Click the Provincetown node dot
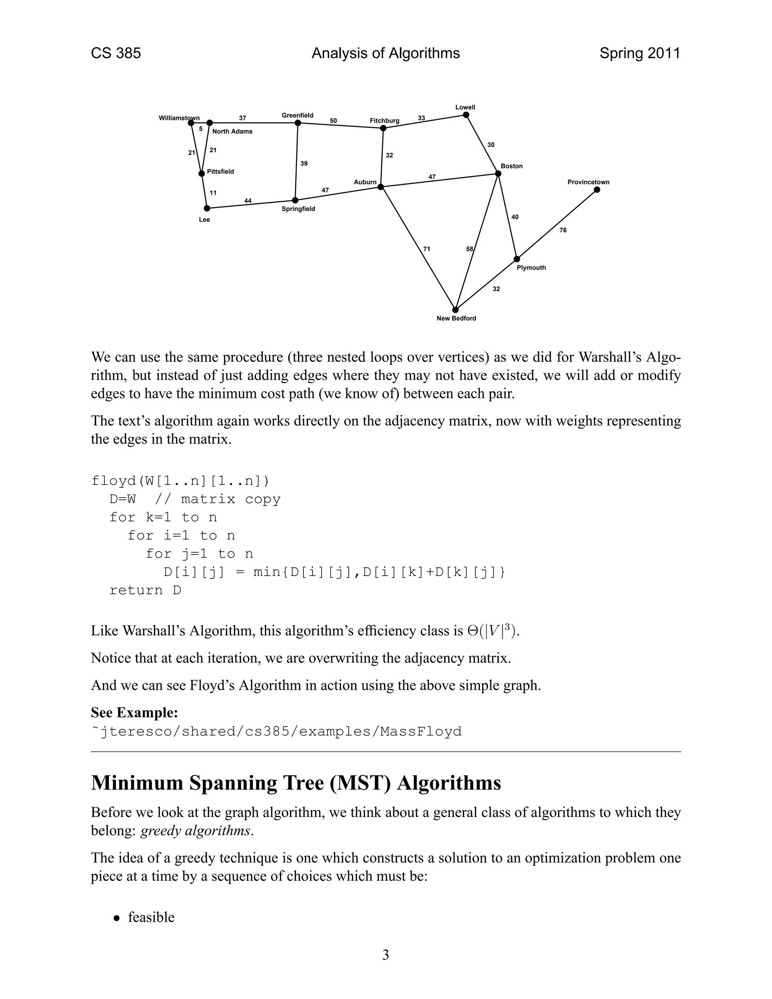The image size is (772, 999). pos(597,190)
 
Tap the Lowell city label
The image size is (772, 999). pos(465,107)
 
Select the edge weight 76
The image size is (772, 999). pos(563,230)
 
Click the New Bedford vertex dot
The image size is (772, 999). pos(455,310)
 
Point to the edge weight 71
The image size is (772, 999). pos(426,249)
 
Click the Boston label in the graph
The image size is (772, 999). pos(511,166)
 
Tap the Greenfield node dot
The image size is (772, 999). pos(298,123)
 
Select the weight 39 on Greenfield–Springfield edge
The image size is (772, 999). pos(304,163)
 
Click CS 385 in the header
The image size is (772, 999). pos(116,54)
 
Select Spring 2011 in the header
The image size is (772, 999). pos(639,54)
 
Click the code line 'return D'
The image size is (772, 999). pos(145,590)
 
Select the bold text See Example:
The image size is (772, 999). pos(134,712)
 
